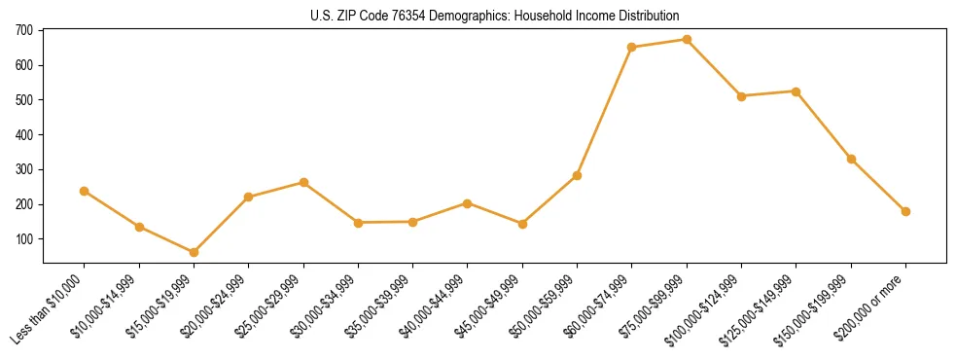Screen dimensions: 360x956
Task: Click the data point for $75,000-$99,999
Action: click(687, 40)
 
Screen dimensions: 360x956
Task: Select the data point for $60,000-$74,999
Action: click(632, 47)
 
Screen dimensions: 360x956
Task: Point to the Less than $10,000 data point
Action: click(85, 191)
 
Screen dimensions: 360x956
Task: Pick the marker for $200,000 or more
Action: click(905, 211)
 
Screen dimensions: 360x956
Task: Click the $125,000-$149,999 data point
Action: click(797, 91)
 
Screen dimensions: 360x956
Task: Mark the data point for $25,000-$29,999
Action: click(303, 182)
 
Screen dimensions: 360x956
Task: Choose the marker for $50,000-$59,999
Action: click(577, 175)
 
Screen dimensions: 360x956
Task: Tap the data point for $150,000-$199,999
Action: click(851, 159)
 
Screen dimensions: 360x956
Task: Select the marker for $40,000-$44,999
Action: click(468, 203)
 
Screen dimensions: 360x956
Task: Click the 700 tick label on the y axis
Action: click(24, 30)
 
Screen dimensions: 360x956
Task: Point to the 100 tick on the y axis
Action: click(24, 239)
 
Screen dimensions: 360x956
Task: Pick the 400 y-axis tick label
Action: click(24, 135)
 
